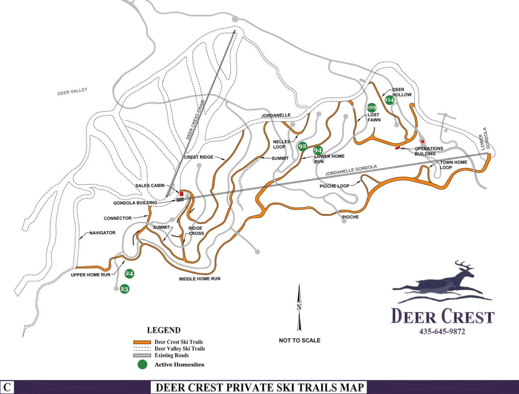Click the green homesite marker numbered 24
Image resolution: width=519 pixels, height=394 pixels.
point(129,273)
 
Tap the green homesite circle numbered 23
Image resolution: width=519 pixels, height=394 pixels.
point(124,289)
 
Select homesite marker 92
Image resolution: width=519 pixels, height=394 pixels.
point(302,146)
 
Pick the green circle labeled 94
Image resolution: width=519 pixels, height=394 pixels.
point(318,150)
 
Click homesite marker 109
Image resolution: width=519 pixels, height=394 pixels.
point(371,107)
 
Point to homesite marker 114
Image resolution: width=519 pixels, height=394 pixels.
point(389,100)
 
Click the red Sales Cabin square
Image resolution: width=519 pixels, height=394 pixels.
point(181,194)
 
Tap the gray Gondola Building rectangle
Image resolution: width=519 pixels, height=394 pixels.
point(180,200)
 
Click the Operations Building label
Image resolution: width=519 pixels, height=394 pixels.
point(428,151)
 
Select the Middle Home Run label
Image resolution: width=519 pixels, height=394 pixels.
point(200,279)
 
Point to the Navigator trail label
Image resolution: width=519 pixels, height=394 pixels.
point(102,233)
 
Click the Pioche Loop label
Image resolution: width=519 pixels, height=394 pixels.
point(334,186)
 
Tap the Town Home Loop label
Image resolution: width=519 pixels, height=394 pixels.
point(453,165)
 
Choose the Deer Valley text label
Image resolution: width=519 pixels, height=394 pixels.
point(72,91)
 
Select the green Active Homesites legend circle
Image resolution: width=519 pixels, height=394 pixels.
point(142,364)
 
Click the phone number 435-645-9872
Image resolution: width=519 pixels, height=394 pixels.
point(442,332)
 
